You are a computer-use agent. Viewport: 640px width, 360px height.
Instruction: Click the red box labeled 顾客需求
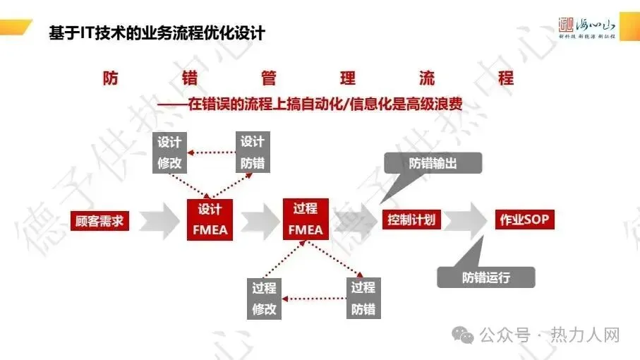tap(99, 220)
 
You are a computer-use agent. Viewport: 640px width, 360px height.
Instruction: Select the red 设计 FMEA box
tap(209, 220)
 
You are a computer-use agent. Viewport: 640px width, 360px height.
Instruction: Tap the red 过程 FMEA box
tap(306, 220)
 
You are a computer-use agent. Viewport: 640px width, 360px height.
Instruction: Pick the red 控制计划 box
tap(411, 220)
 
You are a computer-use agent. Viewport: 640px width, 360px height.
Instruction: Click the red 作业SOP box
tap(524, 220)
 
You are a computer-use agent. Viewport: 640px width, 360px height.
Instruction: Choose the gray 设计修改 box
tap(169, 152)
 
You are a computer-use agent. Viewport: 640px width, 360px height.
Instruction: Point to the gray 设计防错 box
tap(252, 152)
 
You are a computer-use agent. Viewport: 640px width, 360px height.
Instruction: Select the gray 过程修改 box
tap(264, 298)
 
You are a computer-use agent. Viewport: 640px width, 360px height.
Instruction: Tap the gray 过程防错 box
tap(363, 298)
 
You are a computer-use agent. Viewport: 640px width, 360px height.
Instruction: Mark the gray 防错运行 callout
tap(486, 277)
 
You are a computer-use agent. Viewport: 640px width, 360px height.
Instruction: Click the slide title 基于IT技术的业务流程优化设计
tap(157, 32)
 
